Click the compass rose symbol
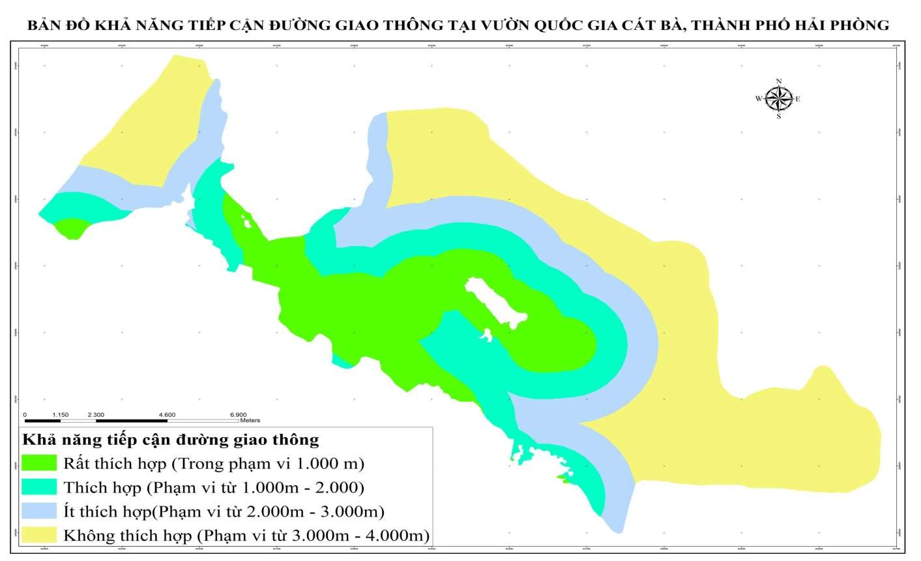[778, 99]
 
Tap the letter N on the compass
[778, 82]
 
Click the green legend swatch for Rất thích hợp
[40, 463]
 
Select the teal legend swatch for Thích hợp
[40, 487]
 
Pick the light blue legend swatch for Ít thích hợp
[40, 511]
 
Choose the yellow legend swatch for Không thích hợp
[40, 536]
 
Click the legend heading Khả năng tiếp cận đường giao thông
[170, 440]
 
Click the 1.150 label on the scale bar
[60, 414]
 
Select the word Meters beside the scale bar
[250, 421]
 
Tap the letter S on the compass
[778, 117]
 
